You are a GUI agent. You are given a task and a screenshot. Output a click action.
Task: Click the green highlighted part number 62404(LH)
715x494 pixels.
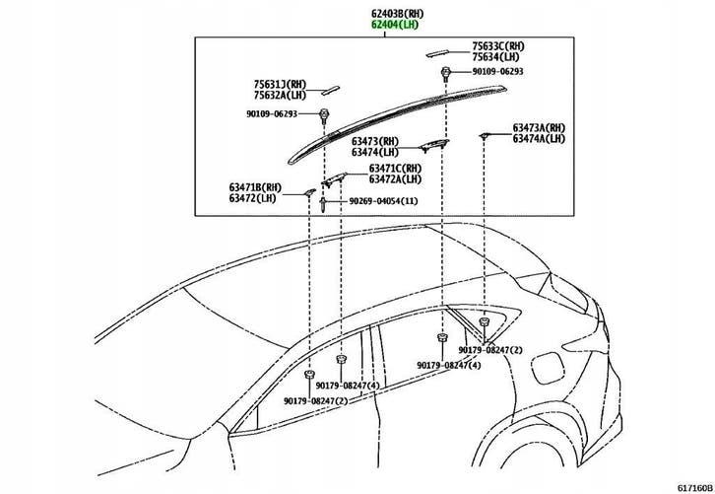coord(395,25)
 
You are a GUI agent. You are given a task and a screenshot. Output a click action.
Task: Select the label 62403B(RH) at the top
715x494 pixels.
coord(397,14)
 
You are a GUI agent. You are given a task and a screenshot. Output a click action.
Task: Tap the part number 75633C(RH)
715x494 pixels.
coord(498,46)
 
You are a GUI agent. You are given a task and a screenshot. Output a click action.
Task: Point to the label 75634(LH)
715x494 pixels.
coord(495,57)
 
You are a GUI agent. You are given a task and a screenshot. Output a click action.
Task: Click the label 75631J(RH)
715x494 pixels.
coord(280,85)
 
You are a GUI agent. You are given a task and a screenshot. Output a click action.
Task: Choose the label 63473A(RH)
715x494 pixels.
coord(539,128)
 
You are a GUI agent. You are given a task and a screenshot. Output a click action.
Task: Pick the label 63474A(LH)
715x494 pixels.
coord(539,139)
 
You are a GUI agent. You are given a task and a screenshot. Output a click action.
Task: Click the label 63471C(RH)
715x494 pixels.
coord(395,169)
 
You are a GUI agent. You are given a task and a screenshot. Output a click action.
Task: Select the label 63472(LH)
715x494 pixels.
coord(253,198)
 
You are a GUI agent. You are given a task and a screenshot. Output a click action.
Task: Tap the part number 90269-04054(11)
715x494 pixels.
coord(383,201)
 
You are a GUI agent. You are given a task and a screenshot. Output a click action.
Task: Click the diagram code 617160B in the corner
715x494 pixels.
coord(694,488)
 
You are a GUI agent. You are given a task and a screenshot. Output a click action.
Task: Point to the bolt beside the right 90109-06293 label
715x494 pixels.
coord(445,73)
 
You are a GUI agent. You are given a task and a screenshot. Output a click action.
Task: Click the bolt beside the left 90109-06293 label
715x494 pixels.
coord(324,115)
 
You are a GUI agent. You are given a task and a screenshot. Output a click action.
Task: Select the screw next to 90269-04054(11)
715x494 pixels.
coord(323,204)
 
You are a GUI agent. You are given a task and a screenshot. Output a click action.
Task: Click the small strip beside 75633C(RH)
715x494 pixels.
coord(437,53)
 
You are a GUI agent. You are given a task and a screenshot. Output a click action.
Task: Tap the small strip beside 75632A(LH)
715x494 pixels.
coord(331,90)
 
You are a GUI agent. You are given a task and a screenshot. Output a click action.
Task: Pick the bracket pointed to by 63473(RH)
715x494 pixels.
coord(434,145)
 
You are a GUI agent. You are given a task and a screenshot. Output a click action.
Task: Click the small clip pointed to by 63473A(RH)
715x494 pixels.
coord(484,136)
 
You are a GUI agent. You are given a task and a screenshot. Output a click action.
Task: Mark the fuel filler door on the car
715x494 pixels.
coord(549,368)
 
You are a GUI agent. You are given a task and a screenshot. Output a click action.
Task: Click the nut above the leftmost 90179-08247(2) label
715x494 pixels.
coord(309,375)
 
